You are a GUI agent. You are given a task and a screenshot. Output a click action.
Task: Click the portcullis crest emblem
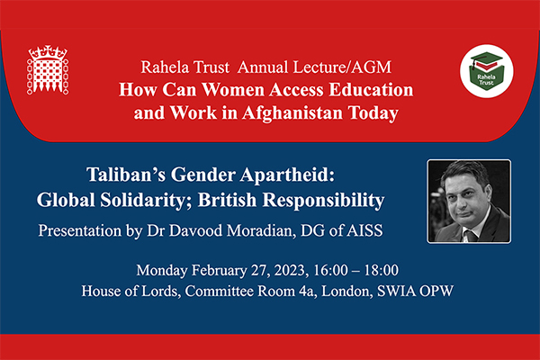click(48, 70)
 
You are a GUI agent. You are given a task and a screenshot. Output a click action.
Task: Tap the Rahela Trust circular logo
click(487, 71)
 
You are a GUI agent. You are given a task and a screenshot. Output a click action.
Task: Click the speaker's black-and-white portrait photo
click(469, 202)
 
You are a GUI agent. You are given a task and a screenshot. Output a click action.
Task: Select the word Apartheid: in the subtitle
click(287, 175)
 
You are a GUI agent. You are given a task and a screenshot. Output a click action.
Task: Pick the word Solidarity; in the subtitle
click(142, 200)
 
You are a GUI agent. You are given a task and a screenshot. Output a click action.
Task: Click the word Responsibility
click(323, 201)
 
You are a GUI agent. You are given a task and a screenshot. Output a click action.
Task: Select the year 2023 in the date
click(290, 270)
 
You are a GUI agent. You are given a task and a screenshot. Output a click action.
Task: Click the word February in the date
click(220, 271)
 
